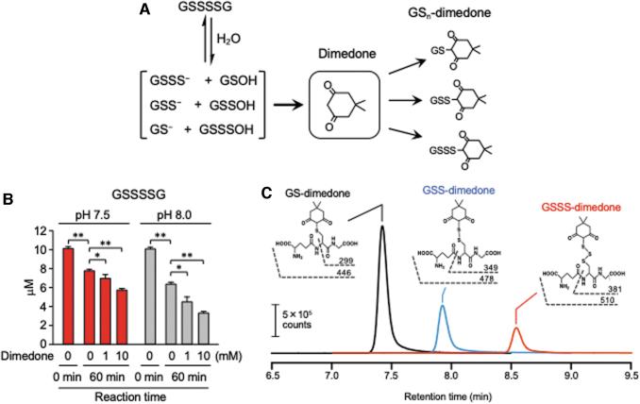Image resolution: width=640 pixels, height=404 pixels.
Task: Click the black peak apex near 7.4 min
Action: (x=382, y=227)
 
